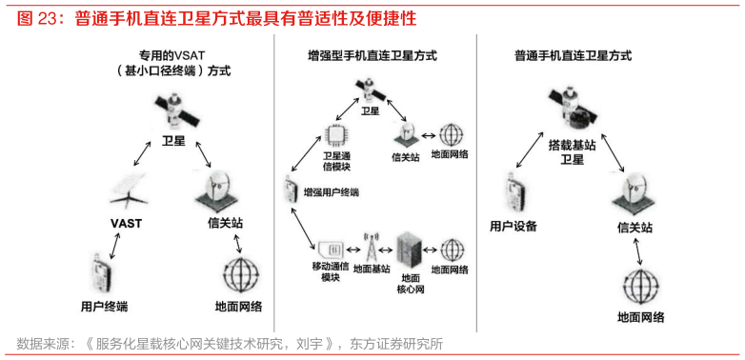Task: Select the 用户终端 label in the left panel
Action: [105, 306]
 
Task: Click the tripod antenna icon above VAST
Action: [128, 190]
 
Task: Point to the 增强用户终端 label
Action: [332, 192]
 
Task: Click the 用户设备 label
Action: [513, 226]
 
